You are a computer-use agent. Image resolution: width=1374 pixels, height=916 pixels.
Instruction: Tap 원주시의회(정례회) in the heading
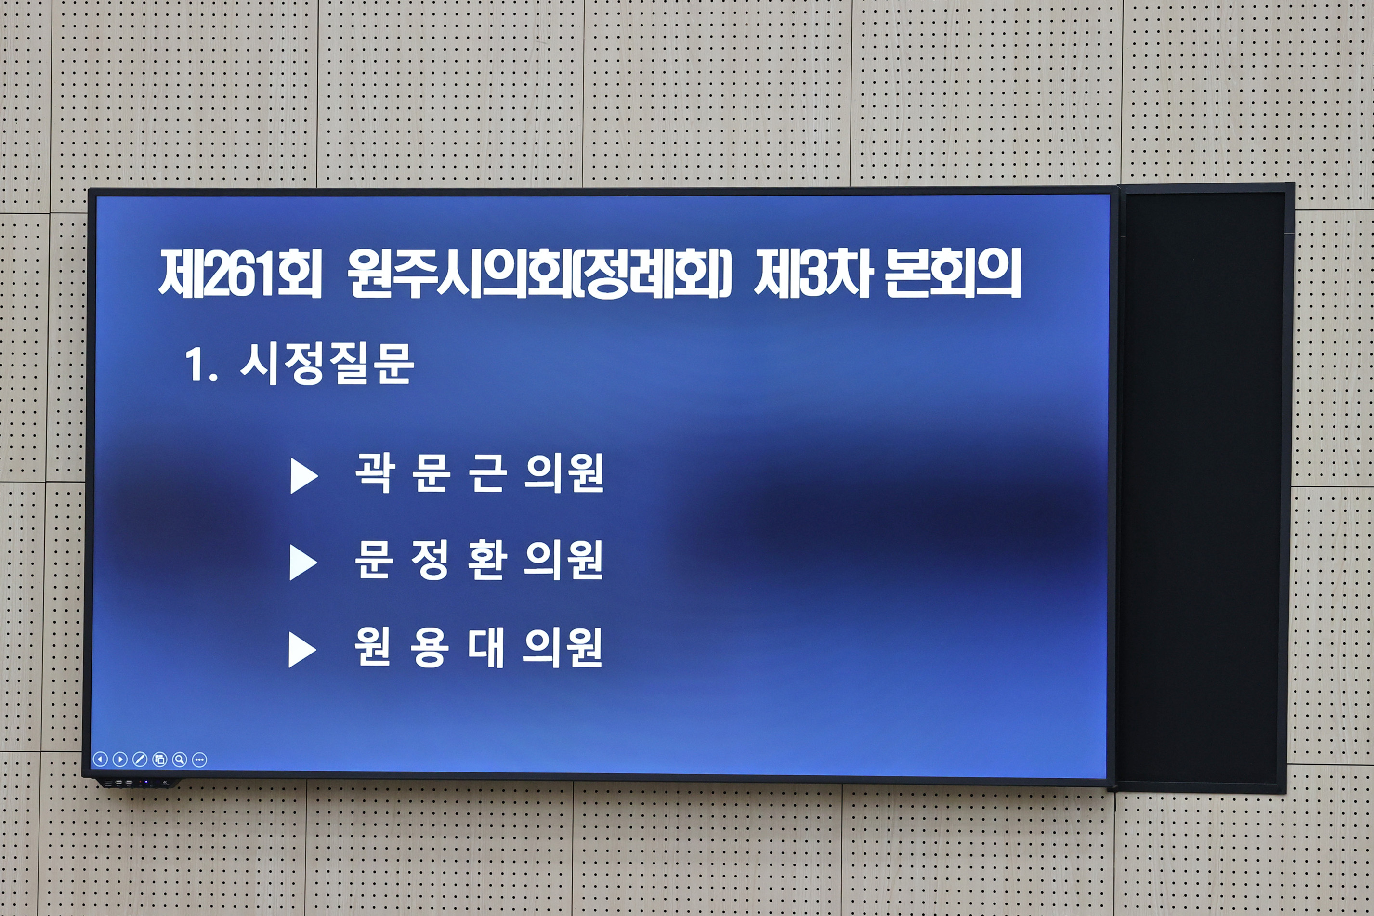(538, 274)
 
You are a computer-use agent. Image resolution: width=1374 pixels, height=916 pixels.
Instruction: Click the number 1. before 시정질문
(201, 365)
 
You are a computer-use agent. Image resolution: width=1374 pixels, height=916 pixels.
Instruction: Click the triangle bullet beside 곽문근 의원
(303, 475)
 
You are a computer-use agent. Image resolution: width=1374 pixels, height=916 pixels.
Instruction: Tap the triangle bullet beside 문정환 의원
(302, 563)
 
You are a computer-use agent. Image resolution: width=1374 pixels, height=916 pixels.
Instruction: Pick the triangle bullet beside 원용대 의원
(302, 650)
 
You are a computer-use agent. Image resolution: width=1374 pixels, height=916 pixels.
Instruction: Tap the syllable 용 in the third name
(430, 647)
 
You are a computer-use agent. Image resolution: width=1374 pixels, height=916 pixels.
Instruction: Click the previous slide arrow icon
(100, 759)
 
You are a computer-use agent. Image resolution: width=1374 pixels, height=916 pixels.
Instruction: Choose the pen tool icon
(140, 759)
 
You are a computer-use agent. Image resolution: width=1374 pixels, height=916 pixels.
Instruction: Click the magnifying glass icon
(179, 759)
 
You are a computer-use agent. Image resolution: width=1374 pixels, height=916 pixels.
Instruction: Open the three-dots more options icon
(199, 759)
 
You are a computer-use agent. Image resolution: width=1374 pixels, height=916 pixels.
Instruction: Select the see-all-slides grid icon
(159, 759)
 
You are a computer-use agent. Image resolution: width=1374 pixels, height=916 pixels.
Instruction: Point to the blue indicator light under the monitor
(146, 782)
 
